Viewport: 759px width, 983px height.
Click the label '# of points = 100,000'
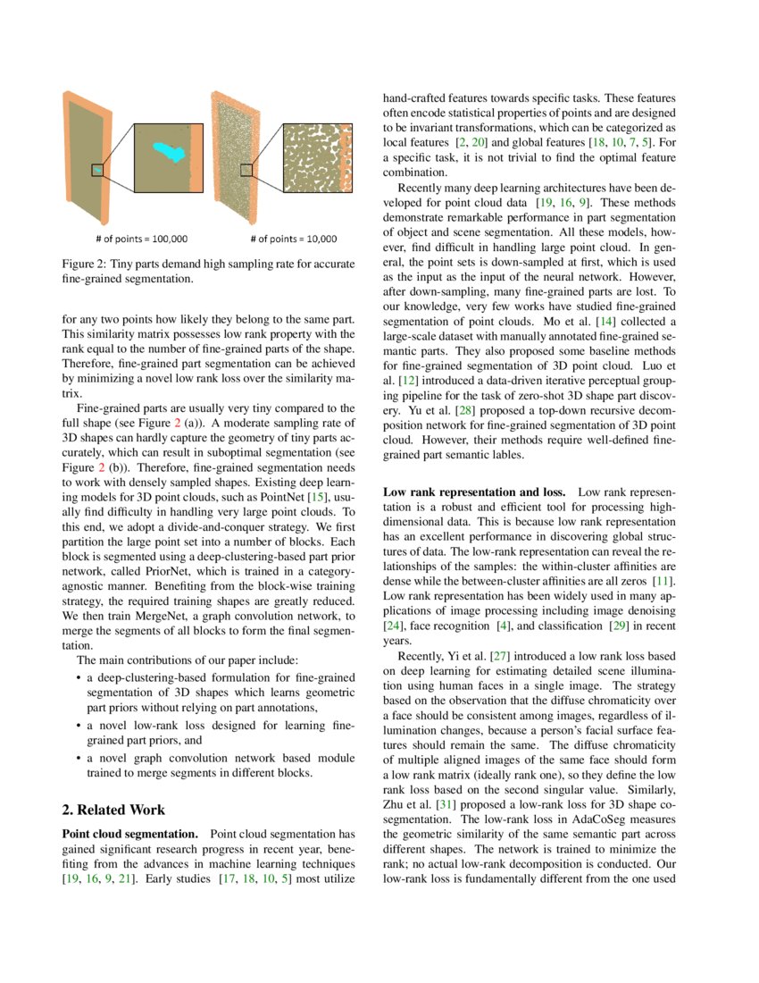(x=142, y=239)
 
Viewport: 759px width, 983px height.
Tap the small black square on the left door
(x=97, y=170)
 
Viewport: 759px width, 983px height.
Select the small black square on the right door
(x=246, y=170)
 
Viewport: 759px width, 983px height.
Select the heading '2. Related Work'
(x=113, y=810)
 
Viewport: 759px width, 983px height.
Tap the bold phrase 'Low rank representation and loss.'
(x=473, y=492)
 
